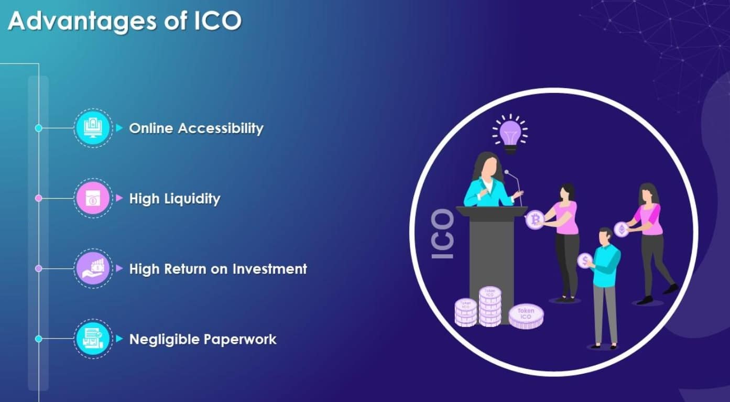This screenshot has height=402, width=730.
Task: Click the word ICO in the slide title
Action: click(x=218, y=21)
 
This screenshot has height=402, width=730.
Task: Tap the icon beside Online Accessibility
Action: click(x=93, y=128)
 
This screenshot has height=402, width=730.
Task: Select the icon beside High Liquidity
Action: click(x=93, y=199)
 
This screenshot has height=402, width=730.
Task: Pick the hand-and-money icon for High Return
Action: click(x=93, y=268)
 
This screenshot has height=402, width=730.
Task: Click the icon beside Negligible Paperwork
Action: click(x=93, y=339)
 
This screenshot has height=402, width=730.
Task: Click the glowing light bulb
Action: click(x=509, y=132)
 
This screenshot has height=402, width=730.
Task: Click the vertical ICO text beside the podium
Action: click(x=442, y=233)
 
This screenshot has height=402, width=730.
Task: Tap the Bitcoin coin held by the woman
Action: click(x=535, y=219)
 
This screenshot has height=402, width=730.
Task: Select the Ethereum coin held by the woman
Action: click(x=622, y=229)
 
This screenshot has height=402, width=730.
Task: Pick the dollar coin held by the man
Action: click(x=584, y=260)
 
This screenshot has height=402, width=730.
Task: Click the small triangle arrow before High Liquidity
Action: click(x=119, y=199)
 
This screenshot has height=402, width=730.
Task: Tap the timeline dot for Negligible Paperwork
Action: click(x=38, y=339)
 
